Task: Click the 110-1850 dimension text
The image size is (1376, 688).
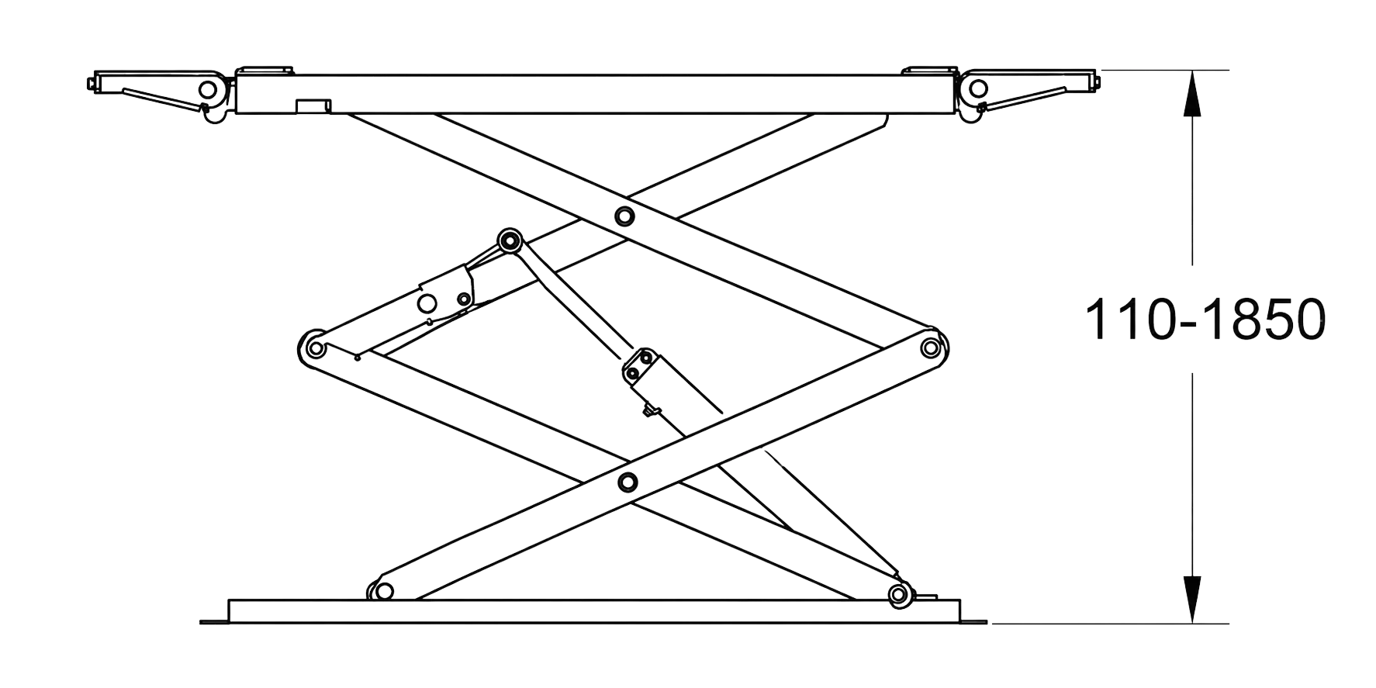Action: (x=1205, y=320)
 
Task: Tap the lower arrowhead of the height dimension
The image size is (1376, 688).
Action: (x=1192, y=599)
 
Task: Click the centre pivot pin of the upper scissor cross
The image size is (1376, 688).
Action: (x=623, y=216)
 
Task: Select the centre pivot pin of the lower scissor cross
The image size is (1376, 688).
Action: (x=627, y=482)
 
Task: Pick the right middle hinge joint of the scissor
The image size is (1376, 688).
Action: (x=931, y=347)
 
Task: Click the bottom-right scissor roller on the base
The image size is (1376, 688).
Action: (x=899, y=595)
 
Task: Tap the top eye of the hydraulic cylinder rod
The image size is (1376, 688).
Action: (x=509, y=241)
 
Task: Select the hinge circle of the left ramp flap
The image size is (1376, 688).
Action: (x=207, y=89)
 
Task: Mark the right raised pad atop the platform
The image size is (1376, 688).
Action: (x=929, y=71)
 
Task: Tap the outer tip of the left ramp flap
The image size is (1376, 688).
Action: (x=91, y=81)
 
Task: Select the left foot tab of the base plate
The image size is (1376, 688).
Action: (x=215, y=621)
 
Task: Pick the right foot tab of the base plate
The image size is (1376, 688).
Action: (x=975, y=621)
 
